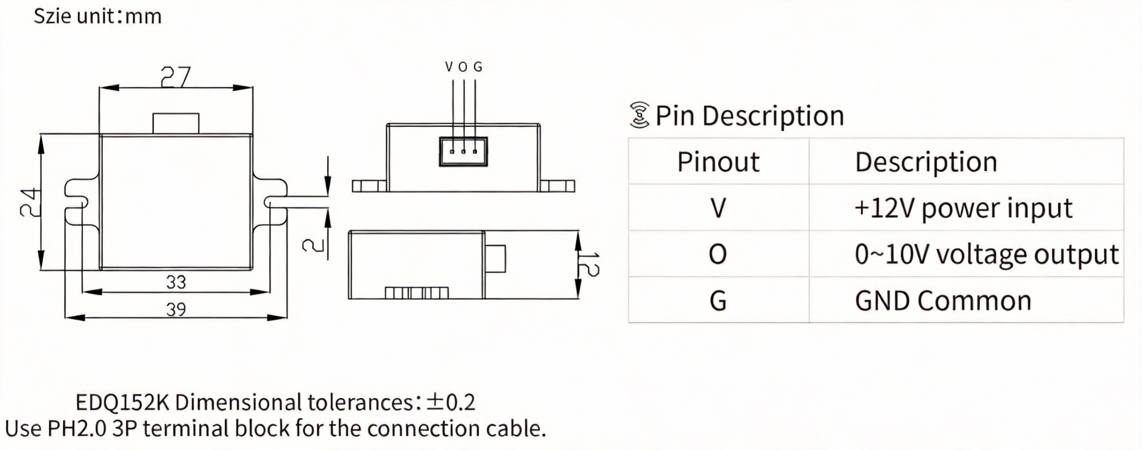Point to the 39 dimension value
(176, 309)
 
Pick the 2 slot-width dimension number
(313, 245)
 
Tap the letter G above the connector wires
(477, 67)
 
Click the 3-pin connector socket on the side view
(463, 152)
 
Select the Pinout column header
(718, 162)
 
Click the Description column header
(926, 162)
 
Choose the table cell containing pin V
(718, 208)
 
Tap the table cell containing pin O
(718, 254)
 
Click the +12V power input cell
(963, 208)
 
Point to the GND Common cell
(943, 301)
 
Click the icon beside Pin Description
(639, 115)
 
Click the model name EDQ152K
(123, 403)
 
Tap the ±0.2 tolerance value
(451, 403)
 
